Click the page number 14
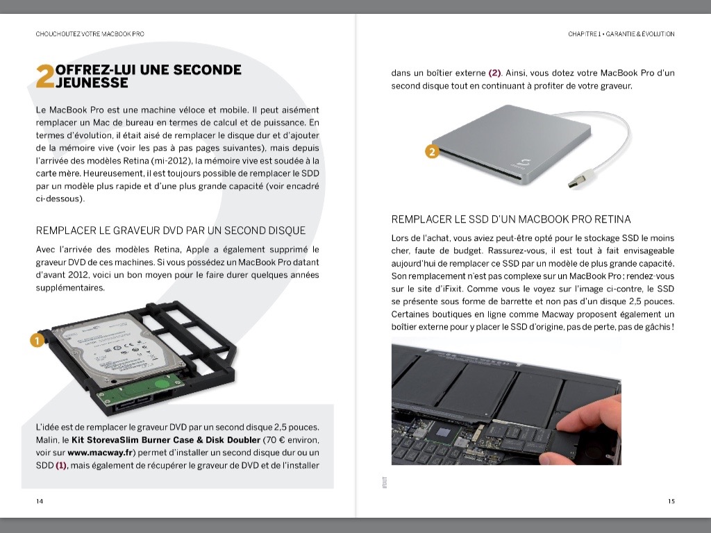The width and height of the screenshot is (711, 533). [40, 501]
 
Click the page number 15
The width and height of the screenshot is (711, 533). [671, 501]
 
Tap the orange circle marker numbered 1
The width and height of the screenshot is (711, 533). [37, 340]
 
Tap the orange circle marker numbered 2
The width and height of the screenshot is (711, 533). [431, 152]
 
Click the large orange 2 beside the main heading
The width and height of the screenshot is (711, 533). [44, 77]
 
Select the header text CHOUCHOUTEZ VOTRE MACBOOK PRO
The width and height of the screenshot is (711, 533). [90, 33]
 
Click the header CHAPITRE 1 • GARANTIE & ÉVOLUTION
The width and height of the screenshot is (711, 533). [621, 33]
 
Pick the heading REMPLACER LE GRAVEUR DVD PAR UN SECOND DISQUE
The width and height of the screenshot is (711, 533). [170, 230]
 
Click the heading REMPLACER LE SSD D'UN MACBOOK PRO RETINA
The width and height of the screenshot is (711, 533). [511, 219]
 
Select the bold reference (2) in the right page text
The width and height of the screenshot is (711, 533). [494, 73]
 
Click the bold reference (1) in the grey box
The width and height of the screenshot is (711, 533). [60, 465]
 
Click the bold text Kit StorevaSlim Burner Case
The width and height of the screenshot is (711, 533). [133, 440]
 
